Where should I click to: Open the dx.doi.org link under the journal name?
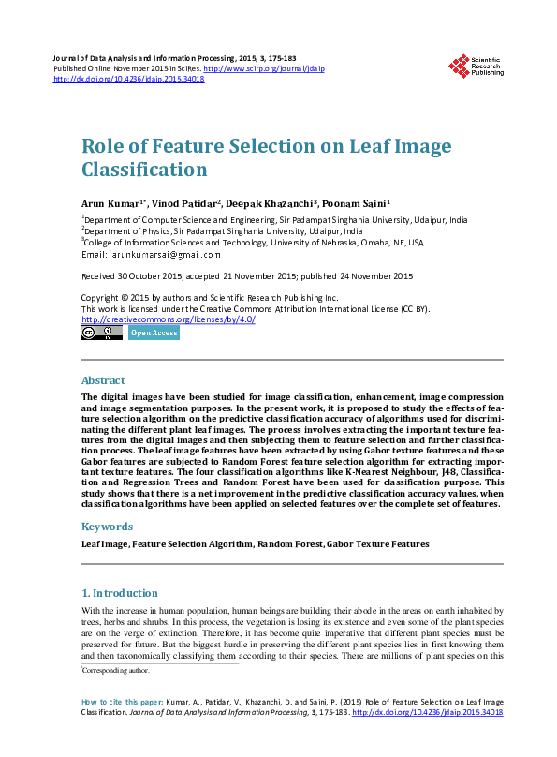129,79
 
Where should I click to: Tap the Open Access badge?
154,333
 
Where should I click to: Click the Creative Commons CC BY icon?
102,333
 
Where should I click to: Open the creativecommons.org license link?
169,319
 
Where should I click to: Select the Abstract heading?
103,381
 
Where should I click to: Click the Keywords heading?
107,527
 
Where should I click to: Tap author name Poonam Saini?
355,202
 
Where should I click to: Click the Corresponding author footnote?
116,671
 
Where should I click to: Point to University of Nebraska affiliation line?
254,242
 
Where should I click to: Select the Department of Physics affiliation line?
225,230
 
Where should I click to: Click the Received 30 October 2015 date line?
247,276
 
